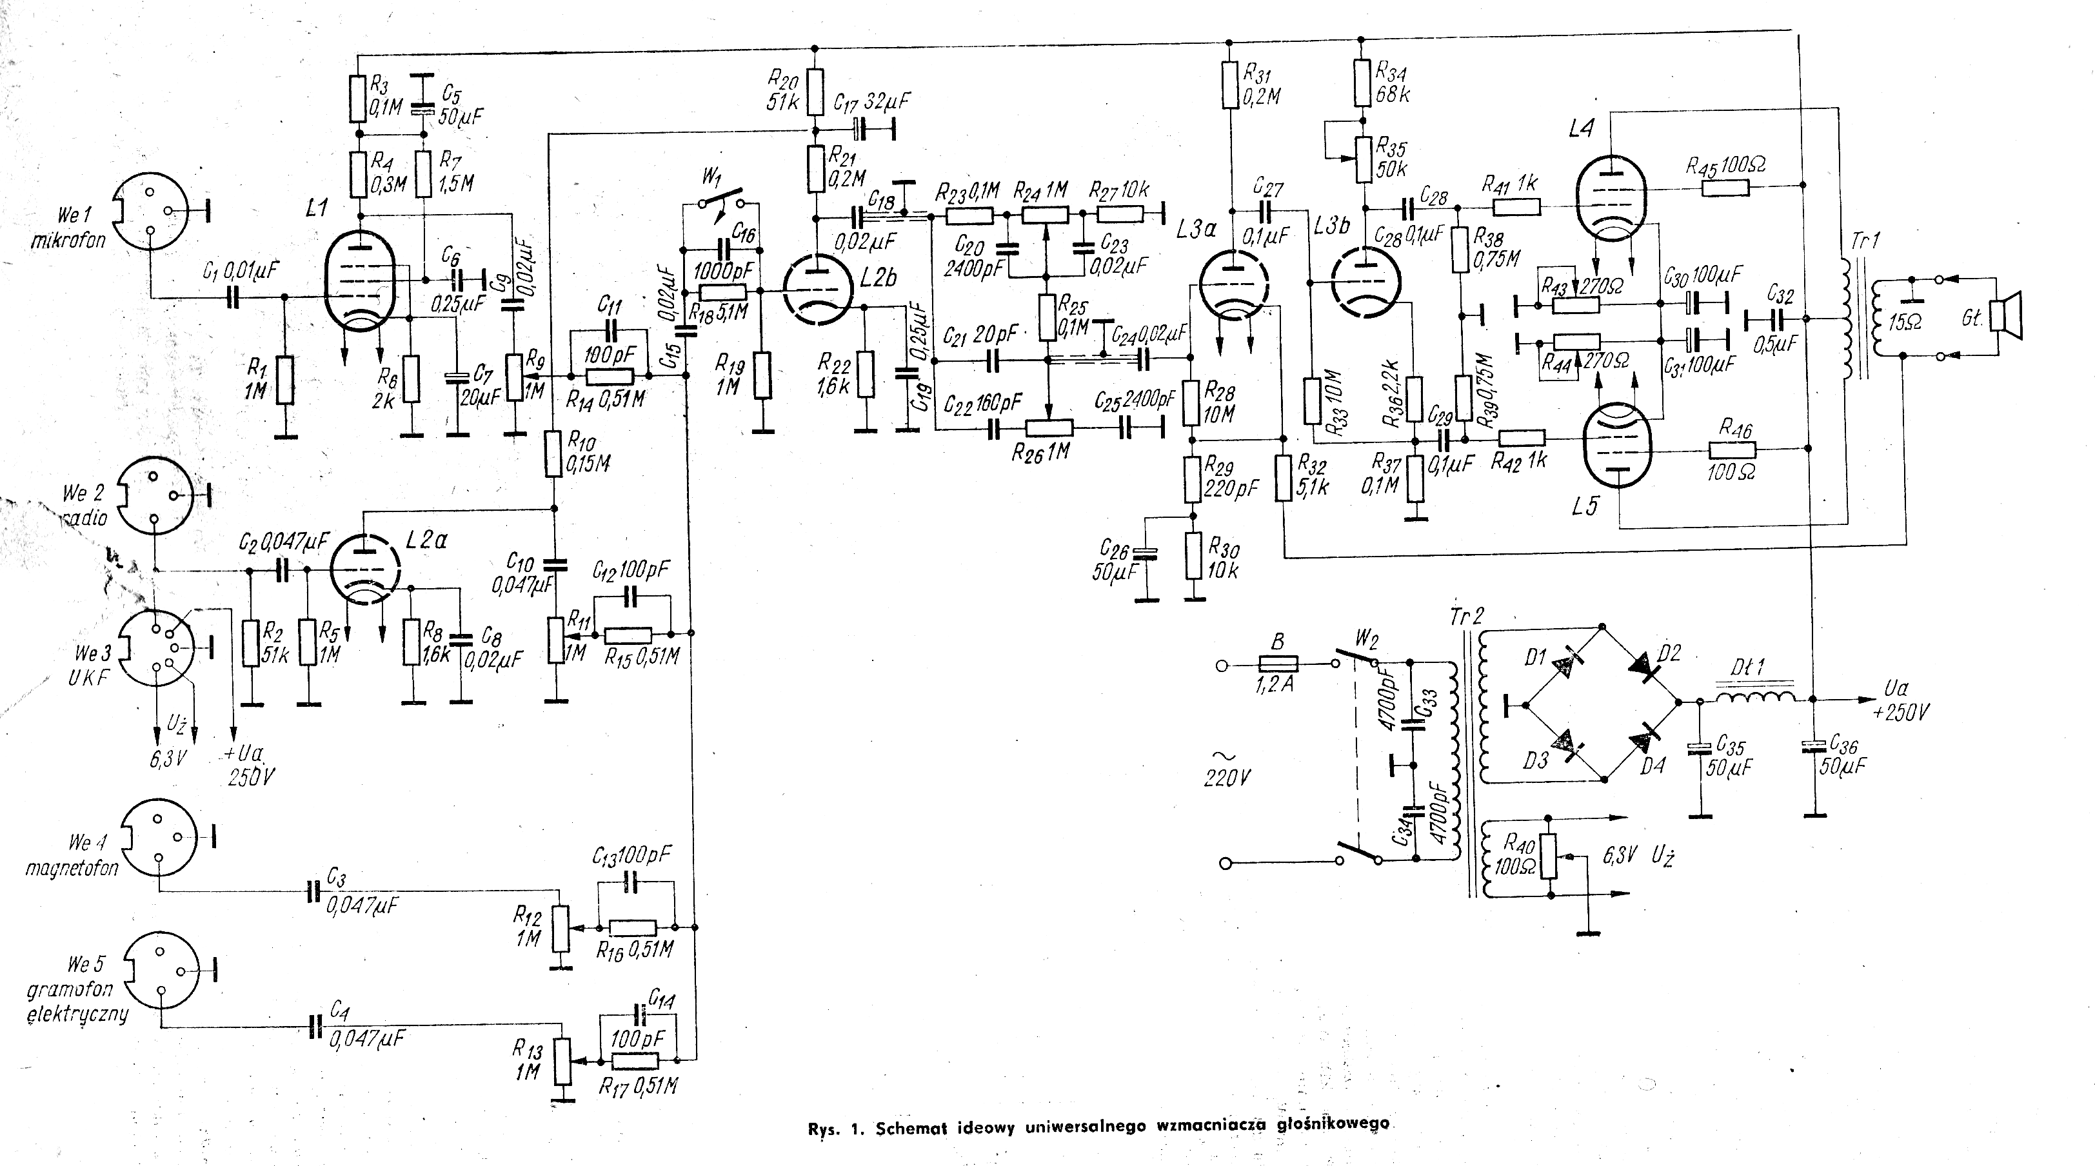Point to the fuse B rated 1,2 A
[x=1278, y=664]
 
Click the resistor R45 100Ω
[x=1725, y=189]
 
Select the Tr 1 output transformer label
[x=1858, y=241]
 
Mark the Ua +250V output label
[x=1899, y=702]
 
